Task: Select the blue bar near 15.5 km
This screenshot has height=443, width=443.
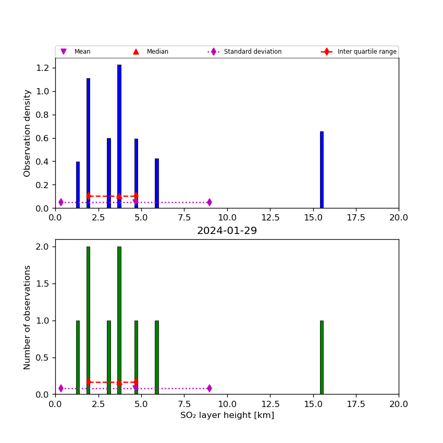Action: (x=322, y=169)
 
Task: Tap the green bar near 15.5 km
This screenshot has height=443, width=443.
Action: (x=322, y=357)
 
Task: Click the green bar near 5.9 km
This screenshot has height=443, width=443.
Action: (x=156, y=357)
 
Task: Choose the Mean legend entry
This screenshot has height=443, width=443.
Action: (x=82, y=52)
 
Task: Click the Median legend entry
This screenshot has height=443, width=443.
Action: (x=157, y=52)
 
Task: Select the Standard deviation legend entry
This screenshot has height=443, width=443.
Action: (x=253, y=52)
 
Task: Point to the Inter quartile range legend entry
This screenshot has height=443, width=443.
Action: (x=367, y=52)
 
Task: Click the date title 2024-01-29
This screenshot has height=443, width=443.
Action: (x=227, y=231)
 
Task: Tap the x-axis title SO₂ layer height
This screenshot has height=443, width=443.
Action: (x=227, y=415)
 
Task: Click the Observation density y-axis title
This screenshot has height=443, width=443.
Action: (x=28, y=133)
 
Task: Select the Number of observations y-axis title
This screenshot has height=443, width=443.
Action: (x=28, y=317)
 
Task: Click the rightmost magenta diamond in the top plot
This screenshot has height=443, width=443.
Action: (x=209, y=202)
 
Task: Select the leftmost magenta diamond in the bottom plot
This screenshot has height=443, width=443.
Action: (x=61, y=388)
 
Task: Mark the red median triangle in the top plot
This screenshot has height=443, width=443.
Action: (x=119, y=196)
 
